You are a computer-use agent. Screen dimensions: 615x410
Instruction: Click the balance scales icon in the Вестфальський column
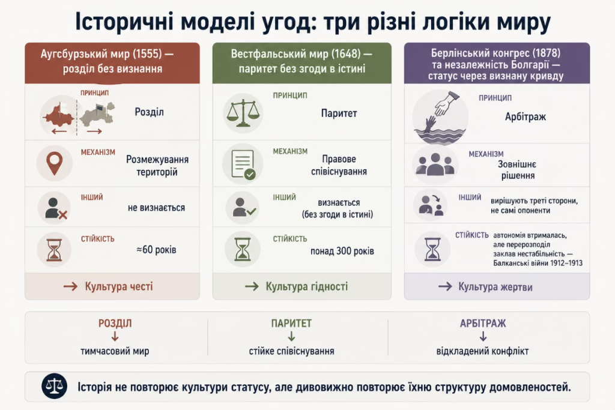(243, 113)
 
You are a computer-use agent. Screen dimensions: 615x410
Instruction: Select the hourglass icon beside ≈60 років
(54, 250)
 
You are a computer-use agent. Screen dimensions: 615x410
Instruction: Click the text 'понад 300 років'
(342, 251)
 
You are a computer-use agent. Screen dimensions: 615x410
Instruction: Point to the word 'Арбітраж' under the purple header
(525, 117)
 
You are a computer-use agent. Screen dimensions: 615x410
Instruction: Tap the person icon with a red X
(55, 208)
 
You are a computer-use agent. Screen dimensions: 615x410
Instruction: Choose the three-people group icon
(435, 164)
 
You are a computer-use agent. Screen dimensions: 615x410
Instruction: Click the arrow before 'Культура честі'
(71, 287)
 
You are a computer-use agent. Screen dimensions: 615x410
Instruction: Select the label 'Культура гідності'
(307, 286)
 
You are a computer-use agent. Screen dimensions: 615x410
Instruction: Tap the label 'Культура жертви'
(495, 287)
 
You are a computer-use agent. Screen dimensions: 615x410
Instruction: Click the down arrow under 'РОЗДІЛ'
(115, 336)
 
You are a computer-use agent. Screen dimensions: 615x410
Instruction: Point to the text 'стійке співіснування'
(291, 351)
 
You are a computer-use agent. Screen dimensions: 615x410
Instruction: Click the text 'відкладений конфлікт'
(482, 351)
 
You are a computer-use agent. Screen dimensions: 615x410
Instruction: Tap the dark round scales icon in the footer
(54, 386)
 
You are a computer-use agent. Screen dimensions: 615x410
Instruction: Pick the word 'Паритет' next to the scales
(339, 113)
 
